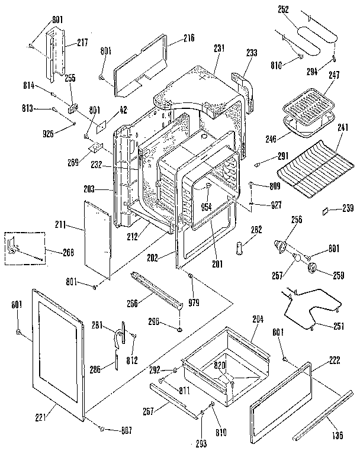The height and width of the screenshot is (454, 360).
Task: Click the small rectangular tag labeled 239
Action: coord(325,209)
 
